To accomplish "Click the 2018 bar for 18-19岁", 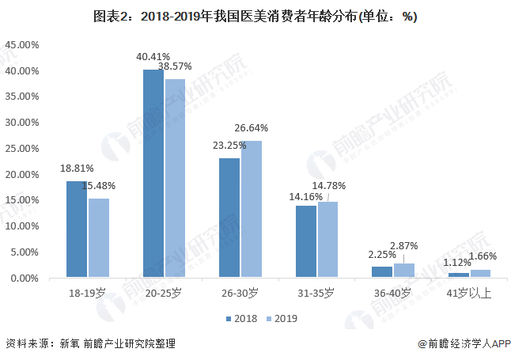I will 77,229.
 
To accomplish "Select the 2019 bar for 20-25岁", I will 175,178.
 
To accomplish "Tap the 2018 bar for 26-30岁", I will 229,218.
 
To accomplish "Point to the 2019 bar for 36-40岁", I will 404,271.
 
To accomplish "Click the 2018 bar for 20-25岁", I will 153,173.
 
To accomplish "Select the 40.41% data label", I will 153,56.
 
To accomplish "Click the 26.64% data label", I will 251,127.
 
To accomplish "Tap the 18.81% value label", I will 77,168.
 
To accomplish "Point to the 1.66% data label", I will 483,256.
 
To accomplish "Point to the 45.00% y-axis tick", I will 22,45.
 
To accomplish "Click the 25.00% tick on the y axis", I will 22,149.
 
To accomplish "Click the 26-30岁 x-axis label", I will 240,294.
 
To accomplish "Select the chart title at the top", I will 255,16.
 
